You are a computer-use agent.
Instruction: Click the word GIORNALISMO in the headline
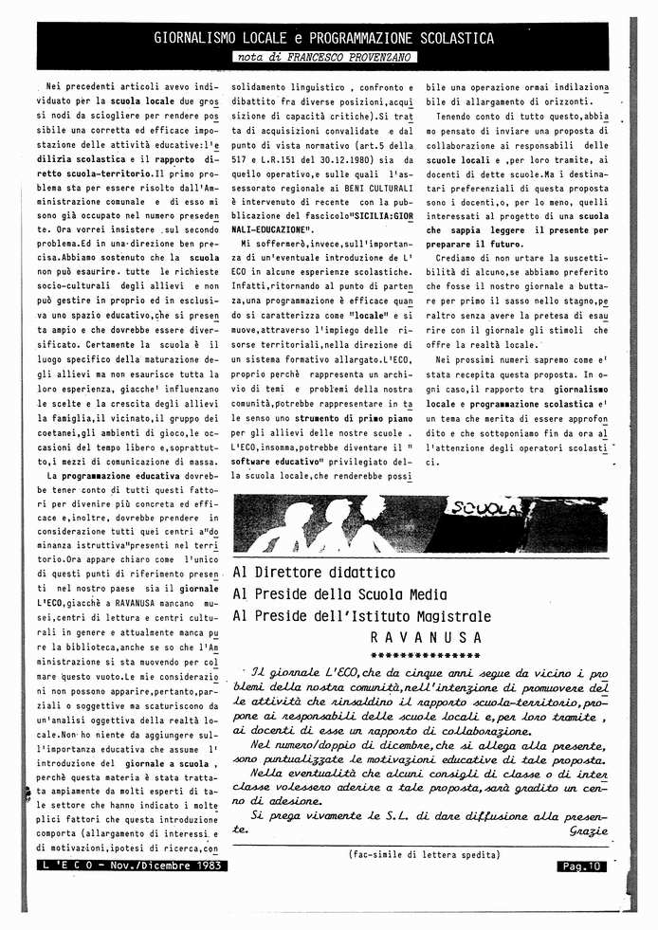coord(194,38)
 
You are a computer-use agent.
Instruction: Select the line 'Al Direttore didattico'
coord(314,573)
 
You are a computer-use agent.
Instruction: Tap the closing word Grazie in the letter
coord(588,830)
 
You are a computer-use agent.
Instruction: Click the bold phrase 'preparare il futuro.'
coord(474,245)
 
